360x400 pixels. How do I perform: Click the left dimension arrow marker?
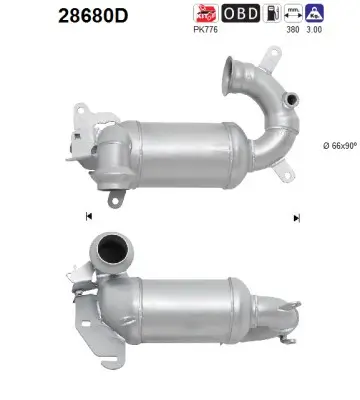tap(89, 217)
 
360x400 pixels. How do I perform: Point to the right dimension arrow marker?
tap(296, 217)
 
